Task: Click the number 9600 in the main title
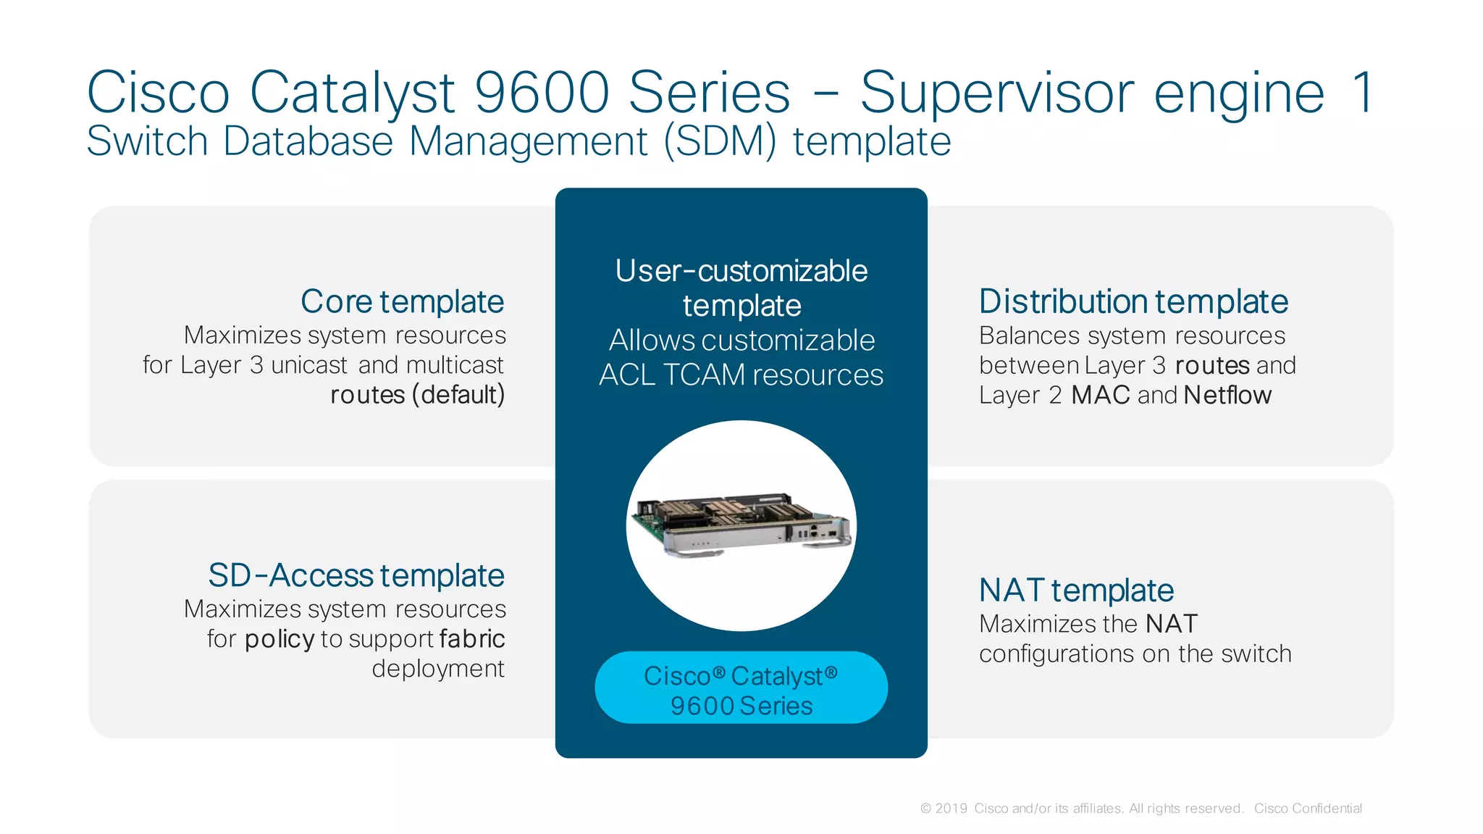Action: (542, 93)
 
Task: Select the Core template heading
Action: (402, 301)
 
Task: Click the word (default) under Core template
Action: (458, 395)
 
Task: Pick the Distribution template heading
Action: (1133, 301)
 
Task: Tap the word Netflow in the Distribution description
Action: (1227, 396)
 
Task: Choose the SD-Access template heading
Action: (356, 575)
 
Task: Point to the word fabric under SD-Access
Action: (471, 639)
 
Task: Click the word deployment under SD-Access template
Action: (437, 669)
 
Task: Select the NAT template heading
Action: (1076, 591)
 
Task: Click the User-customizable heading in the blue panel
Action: (741, 272)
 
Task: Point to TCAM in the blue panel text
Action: (703, 375)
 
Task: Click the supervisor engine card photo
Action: (741, 526)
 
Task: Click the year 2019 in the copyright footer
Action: (951, 809)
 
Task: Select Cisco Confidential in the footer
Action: (1308, 809)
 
